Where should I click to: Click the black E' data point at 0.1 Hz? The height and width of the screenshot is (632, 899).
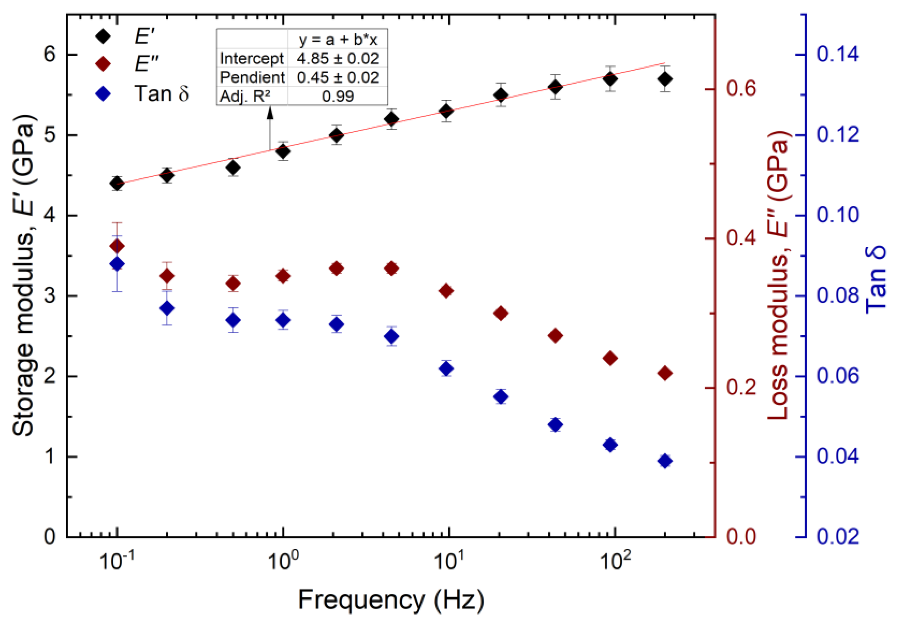pos(117,183)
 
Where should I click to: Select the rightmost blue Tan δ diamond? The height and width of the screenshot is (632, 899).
pos(665,461)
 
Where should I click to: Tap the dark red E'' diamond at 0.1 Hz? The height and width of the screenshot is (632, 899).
pos(117,246)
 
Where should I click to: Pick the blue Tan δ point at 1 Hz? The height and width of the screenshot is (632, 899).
pos(283,320)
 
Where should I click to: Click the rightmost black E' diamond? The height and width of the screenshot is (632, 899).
pos(665,79)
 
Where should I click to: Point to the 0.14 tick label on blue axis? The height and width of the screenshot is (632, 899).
pos(838,54)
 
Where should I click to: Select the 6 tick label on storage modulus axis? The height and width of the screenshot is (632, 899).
pos(50,54)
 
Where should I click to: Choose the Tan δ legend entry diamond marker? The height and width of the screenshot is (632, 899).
pos(103,94)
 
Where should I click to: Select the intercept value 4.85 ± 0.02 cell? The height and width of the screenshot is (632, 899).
pos(337,59)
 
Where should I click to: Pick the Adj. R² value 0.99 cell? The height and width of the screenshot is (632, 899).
pos(337,96)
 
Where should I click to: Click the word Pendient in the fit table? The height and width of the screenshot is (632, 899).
pos(252,78)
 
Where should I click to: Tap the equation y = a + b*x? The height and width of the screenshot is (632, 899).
pos(337,40)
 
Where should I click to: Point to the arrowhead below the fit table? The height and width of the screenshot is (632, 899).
pos(270,113)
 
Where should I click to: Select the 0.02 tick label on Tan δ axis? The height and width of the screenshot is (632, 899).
pos(838,537)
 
